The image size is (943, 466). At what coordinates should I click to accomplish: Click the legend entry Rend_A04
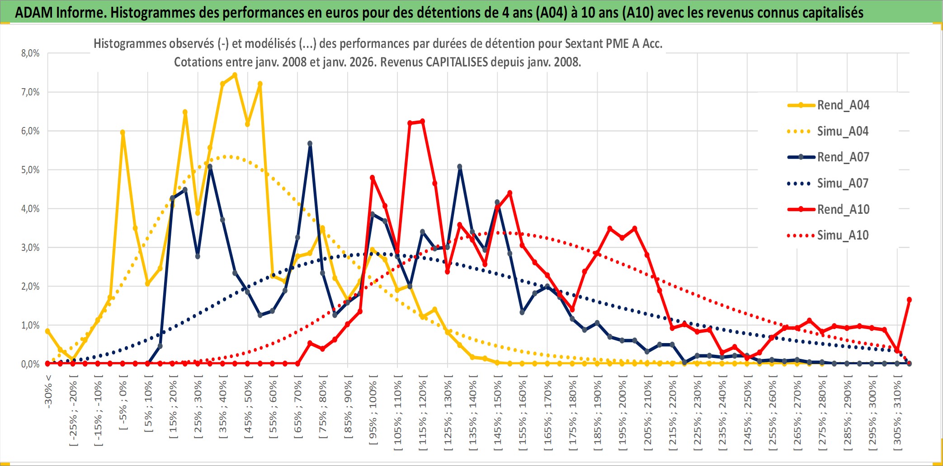(843, 105)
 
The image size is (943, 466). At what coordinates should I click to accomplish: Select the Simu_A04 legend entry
(843, 132)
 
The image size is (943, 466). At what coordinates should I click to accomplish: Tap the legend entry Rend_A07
(843, 157)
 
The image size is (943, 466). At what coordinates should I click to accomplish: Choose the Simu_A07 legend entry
(843, 184)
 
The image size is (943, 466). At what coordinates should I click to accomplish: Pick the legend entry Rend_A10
(843, 209)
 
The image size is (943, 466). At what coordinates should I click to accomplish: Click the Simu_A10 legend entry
(843, 235)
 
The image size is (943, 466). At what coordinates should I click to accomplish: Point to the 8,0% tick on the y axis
(30, 53)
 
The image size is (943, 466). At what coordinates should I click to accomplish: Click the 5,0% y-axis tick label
(30, 170)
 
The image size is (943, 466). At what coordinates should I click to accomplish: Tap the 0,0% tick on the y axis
(30, 364)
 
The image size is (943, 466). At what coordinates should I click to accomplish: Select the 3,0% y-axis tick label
(30, 248)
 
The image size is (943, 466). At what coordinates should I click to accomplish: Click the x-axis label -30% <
(48, 391)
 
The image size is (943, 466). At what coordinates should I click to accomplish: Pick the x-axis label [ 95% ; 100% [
(373, 413)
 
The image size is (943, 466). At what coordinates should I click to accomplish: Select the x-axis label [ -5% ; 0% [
(123, 405)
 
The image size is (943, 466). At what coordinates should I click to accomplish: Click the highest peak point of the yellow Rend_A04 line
(235, 75)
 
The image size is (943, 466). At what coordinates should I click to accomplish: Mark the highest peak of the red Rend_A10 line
(422, 121)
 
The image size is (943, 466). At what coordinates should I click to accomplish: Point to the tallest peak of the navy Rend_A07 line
(310, 143)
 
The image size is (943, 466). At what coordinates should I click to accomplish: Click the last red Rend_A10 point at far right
(909, 300)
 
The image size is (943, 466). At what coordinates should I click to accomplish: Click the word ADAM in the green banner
(34, 12)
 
